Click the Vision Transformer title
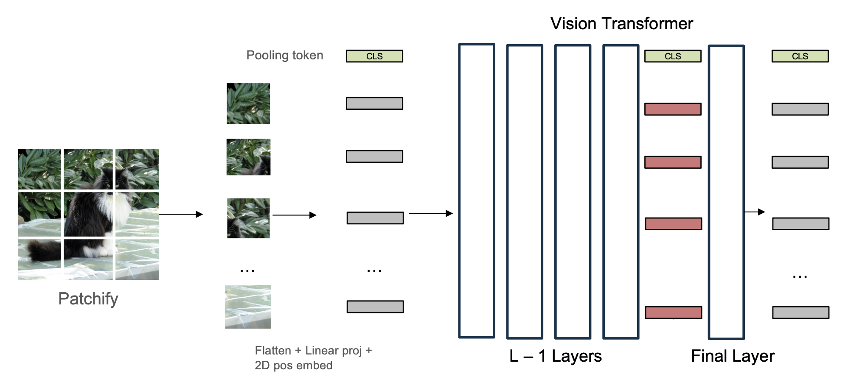[621, 24]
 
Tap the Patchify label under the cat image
[88, 299]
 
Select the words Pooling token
[285, 56]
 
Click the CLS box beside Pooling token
[374, 56]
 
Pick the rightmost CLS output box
[800, 56]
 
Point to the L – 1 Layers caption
[555, 356]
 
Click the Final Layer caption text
[733, 356]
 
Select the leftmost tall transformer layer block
[477, 191]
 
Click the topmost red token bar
[673, 109]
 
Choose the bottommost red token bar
[673, 312]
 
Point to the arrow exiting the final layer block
[755, 212]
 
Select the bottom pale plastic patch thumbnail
[248, 307]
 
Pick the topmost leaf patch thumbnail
[248, 103]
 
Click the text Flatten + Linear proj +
[313, 351]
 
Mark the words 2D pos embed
[293, 365]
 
